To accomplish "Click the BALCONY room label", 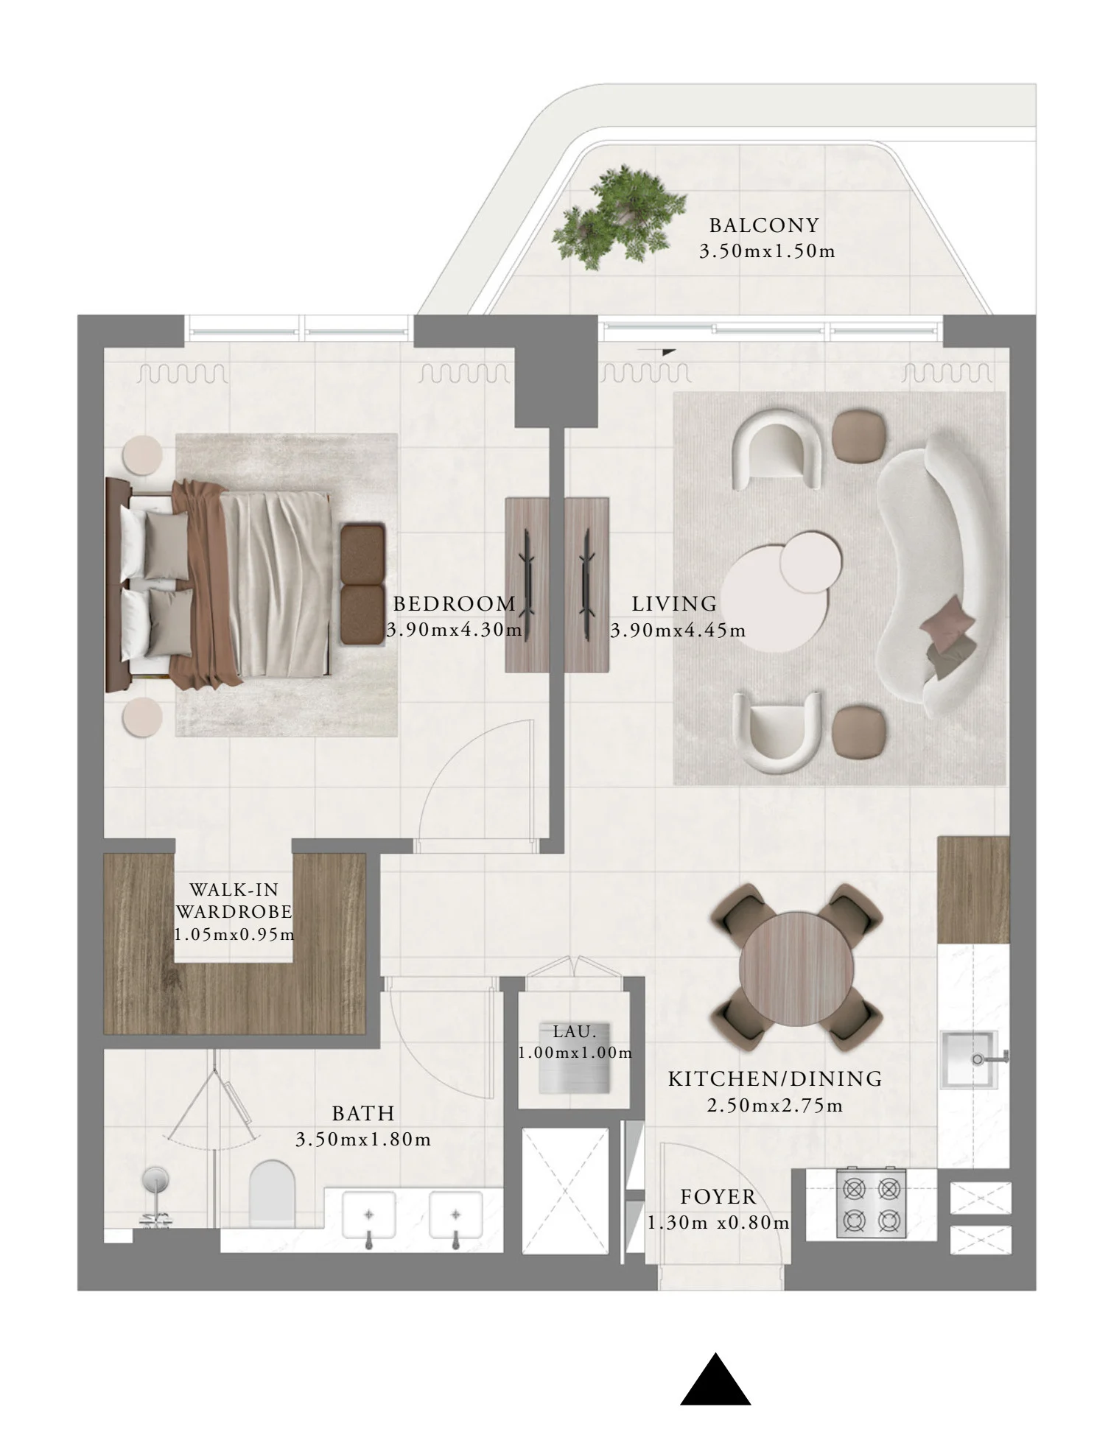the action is (x=764, y=225).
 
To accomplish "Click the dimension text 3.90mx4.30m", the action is (x=454, y=630).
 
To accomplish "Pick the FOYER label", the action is (x=718, y=1196).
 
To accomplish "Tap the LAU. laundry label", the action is (x=575, y=1031).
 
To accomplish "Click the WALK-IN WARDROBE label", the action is (x=234, y=900).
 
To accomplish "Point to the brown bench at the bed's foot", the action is (x=362, y=583).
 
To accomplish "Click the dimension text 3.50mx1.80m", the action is (x=363, y=1140).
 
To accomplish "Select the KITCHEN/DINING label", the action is (x=775, y=1079).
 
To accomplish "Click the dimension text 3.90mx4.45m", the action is (x=678, y=631).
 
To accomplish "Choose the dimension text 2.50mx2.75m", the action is (x=775, y=1106).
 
